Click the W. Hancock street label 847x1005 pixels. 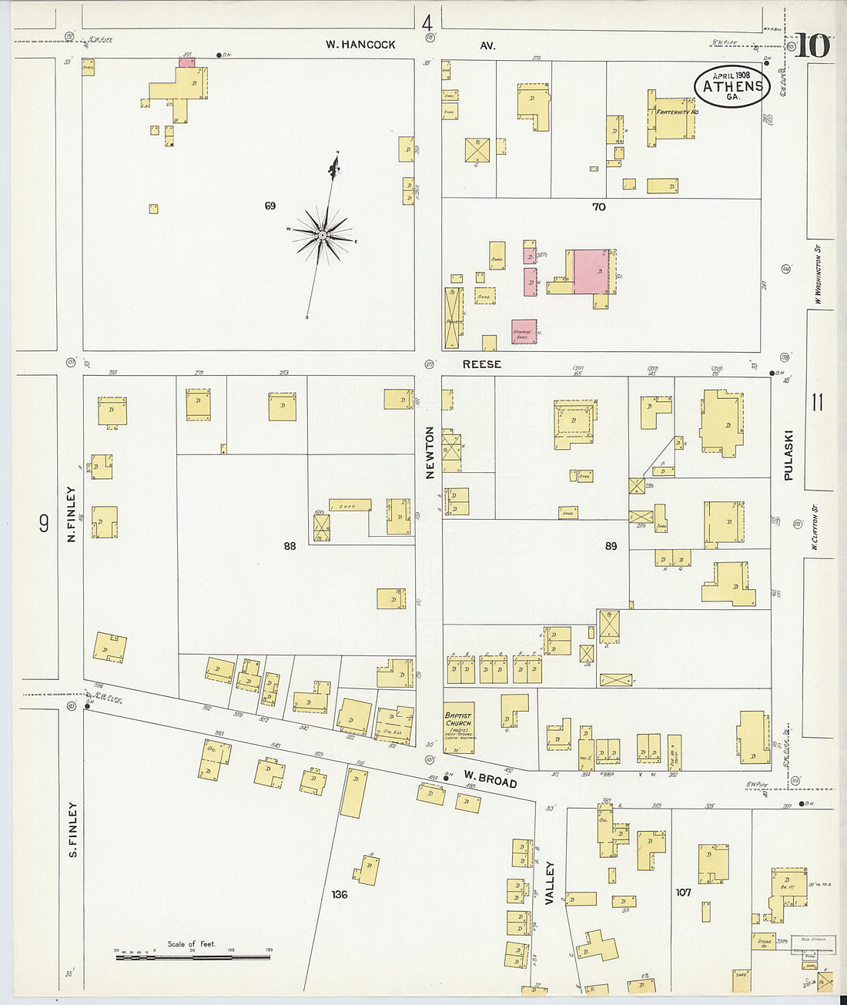coord(360,45)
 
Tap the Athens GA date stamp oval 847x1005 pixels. coord(732,85)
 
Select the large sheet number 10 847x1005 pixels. coord(812,45)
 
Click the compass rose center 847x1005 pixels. coord(323,234)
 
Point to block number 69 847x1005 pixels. coord(269,206)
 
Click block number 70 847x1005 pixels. coord(599,206)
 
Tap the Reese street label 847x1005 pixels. coord(482,363)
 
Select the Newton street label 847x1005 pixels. coord(430,453)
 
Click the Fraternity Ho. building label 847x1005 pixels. coord(677,113)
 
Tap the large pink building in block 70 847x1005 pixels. coord(591,271)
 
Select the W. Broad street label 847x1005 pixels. coord(490,780)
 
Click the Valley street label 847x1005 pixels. coord(550,882)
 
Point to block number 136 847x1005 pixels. coord(340,894)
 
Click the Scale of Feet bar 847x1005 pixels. coord(192,956)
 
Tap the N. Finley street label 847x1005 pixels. coord(71,513)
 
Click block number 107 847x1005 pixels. coord(683,893)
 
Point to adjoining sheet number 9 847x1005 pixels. coord(44,524)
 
